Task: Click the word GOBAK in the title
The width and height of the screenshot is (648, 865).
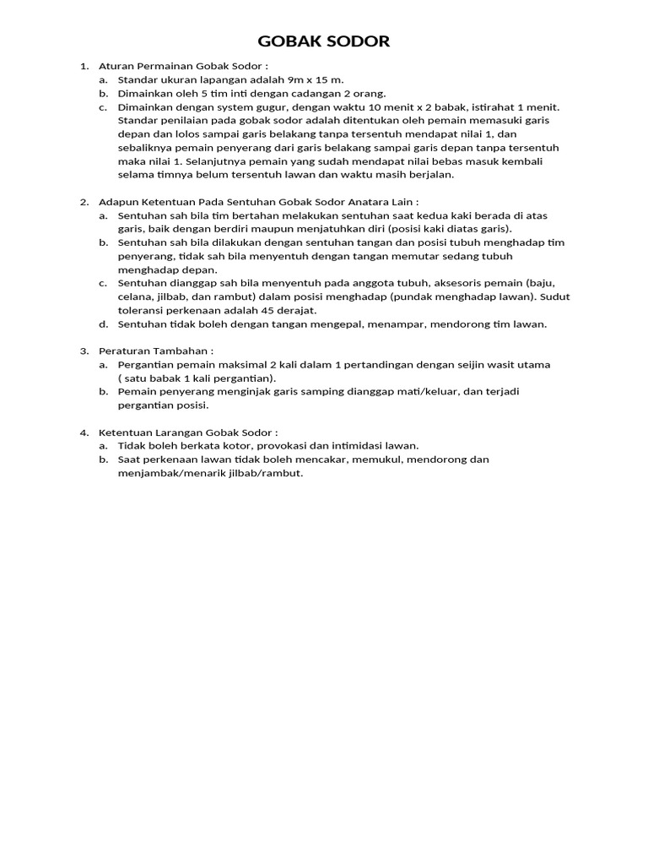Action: (286, 42)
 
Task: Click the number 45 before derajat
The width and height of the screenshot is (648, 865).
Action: (268, 310)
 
